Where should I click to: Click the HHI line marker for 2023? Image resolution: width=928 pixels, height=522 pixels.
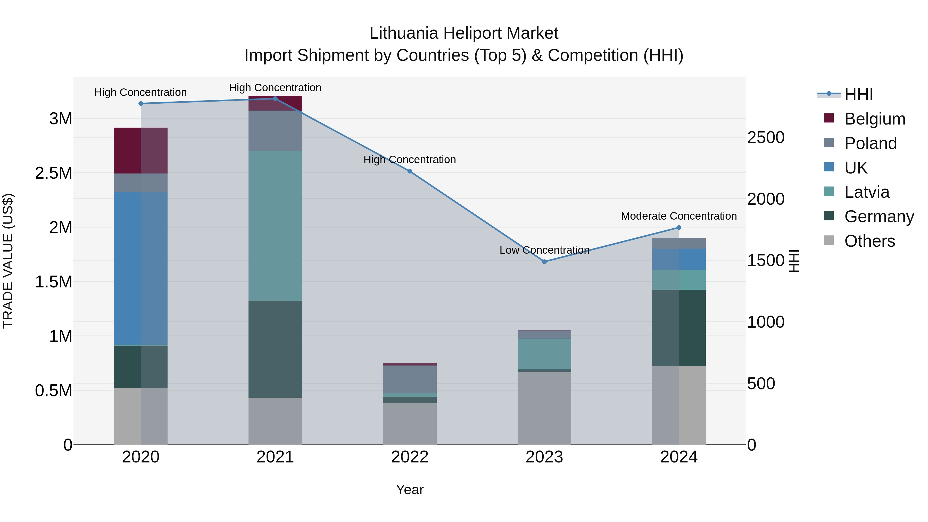(x=544, y=262)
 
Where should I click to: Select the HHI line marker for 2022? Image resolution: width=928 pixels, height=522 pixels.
(x=410, y=171)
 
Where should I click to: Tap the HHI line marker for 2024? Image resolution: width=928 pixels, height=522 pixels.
(x=679, y=227)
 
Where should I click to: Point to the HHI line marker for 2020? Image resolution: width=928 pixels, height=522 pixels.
(x=141, y=104)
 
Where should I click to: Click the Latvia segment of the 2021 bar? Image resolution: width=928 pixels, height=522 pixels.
(x=275, y=226)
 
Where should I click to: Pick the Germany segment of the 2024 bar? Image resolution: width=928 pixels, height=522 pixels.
(x=679, y=328)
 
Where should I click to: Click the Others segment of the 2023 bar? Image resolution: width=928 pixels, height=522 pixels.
(x=544, y=408)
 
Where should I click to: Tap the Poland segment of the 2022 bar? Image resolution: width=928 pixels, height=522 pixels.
(x=410, y=379)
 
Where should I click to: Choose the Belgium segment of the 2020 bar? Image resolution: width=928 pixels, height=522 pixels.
(x=140, y=151)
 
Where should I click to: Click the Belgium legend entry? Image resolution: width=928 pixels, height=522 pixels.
(x=874, y=119)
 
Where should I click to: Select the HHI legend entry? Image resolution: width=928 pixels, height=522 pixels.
(x=858, y=94)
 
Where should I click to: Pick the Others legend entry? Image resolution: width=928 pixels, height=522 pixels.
(x=869, y=241)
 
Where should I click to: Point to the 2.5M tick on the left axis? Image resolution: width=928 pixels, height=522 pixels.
(x=54, y=173)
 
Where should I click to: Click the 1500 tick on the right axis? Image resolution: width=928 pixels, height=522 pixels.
(x=766, y=260)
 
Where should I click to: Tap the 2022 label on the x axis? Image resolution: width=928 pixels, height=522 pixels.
(x=410, y=457)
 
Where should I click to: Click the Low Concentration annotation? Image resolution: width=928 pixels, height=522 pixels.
(x=544, y=250)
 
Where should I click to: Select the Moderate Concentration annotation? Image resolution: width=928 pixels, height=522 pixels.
(x=679, y=216)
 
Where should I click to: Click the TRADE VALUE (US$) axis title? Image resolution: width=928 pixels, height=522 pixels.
(x=8, y=261)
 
